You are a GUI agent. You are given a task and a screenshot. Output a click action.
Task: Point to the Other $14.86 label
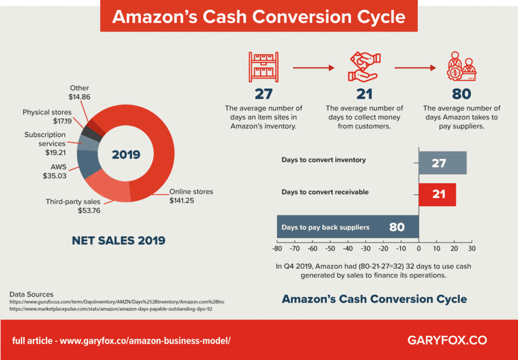click(x=80, y=92)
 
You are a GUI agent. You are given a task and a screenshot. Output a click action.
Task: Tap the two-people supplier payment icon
click(x=461, y=67)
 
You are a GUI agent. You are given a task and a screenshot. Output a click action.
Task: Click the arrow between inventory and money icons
click(x=314, y=66)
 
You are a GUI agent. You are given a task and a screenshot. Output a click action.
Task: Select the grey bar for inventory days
click(x=442, y=163)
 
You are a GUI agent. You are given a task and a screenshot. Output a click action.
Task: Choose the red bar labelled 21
click(x=437, y=194)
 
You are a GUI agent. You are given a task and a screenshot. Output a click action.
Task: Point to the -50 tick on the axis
click(x=330, y=249)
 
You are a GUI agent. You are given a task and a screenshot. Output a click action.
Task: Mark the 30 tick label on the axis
click(x=472, y=249)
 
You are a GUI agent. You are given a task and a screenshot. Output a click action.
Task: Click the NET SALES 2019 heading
click(x=118, y=241)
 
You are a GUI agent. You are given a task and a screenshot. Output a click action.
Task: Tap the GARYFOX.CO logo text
click(x=447, y=340)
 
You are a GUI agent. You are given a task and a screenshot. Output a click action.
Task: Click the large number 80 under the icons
click(x=461, y=94)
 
